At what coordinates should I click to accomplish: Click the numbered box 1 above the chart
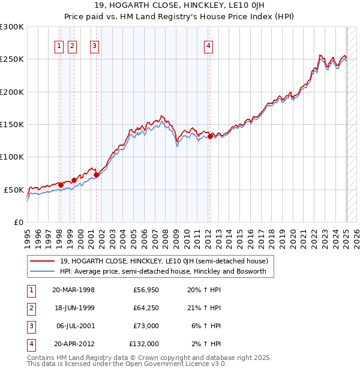tap(59, 46)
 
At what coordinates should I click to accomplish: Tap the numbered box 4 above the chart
tap(208, 46)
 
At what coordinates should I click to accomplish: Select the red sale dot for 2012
tap(210, 136)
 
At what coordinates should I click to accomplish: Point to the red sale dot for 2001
tap(96, 175)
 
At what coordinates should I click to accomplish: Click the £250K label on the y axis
tap(12, 59)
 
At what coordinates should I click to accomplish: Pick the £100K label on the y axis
tap(12, 157)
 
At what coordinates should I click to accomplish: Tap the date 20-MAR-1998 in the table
tap(73, 290)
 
